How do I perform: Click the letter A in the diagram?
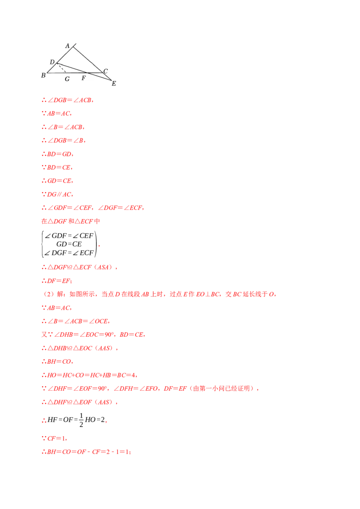67,46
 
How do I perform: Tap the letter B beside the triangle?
43,75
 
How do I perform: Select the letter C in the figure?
105,71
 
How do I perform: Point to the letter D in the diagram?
52,62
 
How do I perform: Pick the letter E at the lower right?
114,83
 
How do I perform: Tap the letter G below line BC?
67,79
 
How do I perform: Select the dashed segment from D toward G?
62,68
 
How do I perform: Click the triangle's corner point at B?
47,72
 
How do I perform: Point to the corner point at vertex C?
103,72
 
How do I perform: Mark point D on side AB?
57,63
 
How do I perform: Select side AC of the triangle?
88,59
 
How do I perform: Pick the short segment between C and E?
108,76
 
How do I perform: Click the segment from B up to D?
52,68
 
